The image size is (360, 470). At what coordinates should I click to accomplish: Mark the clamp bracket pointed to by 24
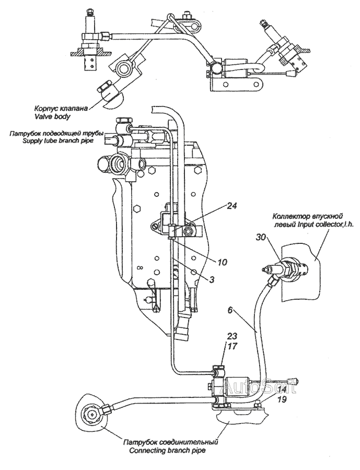tap(175, 227)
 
